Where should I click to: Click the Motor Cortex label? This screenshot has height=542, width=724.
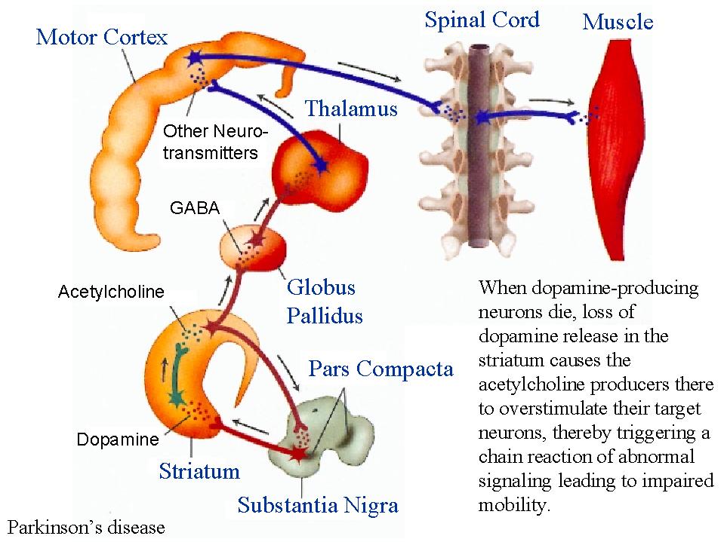102,37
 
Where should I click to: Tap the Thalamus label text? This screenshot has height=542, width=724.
350,109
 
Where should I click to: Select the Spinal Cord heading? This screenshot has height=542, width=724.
482,20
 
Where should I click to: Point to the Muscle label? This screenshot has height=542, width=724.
618,22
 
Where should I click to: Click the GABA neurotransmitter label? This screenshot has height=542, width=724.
195,208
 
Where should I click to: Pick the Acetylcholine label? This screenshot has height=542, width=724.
111,292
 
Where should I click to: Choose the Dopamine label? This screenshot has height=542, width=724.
118,439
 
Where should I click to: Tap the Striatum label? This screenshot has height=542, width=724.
199,472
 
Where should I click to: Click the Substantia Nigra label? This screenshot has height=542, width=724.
317,505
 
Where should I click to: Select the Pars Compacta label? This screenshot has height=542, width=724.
381,369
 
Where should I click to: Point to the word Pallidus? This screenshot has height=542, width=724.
325,315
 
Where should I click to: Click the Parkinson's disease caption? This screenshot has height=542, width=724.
85,527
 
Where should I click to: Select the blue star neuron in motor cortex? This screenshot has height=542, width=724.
194,57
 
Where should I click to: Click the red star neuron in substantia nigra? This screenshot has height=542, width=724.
298,454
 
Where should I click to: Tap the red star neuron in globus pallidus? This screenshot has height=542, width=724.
258,240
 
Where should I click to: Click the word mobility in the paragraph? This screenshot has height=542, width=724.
512,504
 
